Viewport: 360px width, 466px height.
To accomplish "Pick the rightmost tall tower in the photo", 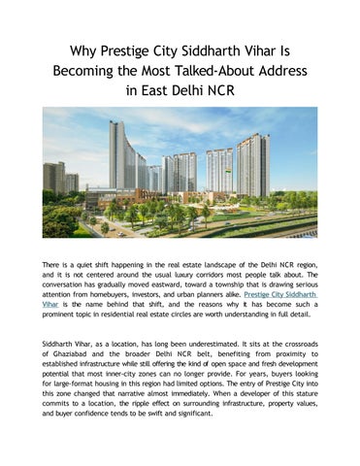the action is [254, 165].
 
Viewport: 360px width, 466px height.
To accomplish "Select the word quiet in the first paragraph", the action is [93, 265].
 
